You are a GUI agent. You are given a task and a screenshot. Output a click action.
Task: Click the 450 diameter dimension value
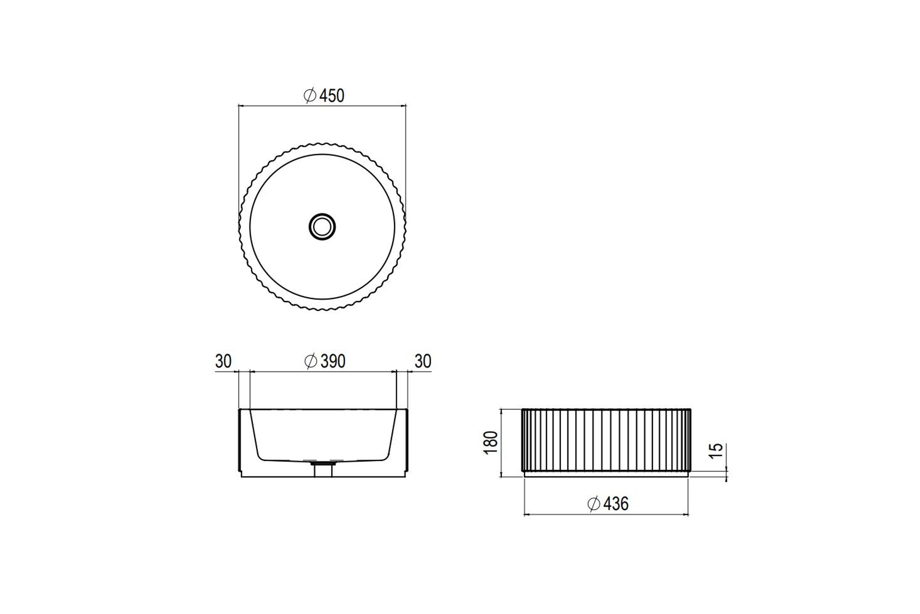click(x=332, y=96)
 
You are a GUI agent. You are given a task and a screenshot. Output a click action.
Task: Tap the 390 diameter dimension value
click(x=333, y=361)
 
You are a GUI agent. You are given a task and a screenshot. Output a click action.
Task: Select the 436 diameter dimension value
click(x=616, y=504)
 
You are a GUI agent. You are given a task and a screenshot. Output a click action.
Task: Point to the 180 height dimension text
click(x=491, y=443)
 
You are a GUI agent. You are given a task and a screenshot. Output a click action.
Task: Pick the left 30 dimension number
click(x=223, y=361)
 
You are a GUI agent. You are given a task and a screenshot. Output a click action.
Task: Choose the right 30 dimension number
click(x=423, y=361)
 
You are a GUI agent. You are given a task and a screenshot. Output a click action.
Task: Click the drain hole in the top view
click(x=322, y=227)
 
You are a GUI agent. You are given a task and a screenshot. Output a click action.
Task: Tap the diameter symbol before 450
click(x=310, y=96)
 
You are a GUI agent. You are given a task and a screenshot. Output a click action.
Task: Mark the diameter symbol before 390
click(x=311, y=361)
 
